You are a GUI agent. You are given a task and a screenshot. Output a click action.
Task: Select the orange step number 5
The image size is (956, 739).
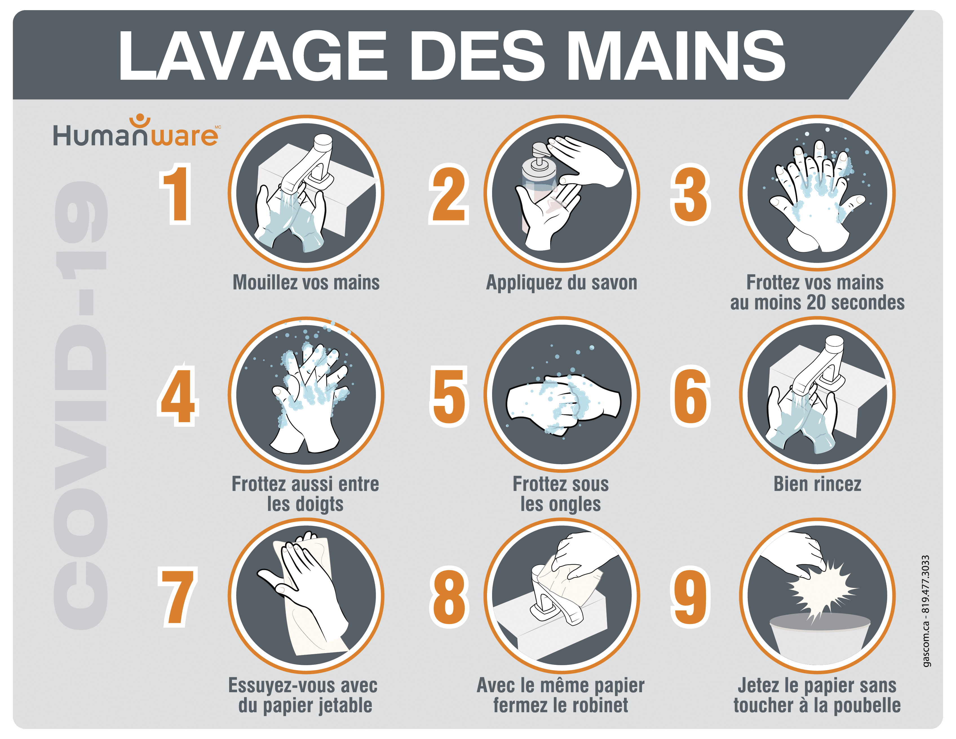[x=449, y=396]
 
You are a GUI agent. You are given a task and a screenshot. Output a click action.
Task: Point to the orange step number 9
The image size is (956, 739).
[x=690, y=597]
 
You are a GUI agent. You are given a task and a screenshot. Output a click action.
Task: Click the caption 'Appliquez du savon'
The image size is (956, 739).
[x=562, y=283]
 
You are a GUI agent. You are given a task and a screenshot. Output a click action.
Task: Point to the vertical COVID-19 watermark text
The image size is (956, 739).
[x=81, y=405]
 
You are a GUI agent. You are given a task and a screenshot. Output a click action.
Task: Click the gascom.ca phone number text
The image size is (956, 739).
[x=925, y=611]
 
